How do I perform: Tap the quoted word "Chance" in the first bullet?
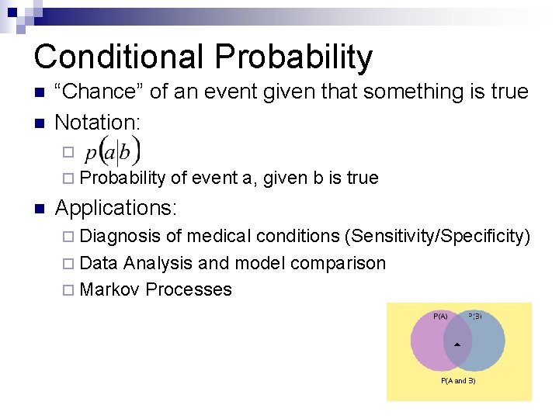99,92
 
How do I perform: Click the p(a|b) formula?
113,150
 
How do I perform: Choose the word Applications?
116,208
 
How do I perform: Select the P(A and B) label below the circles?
458,381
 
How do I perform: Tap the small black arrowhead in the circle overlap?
457,343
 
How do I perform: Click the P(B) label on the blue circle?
475,316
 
